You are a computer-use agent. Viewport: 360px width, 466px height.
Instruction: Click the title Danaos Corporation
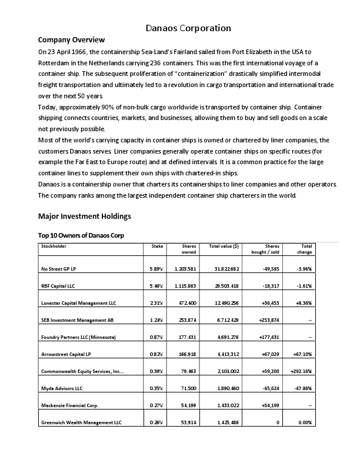click(x=188, y=28)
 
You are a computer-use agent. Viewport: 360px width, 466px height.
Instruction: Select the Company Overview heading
click(x=71, y=40)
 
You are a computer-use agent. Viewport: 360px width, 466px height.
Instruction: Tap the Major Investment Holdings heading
click(x=84, y=216)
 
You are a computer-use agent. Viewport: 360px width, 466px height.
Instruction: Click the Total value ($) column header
click(x=224, y=246)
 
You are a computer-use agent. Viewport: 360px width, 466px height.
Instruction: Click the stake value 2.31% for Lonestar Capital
click(x=156, y=302)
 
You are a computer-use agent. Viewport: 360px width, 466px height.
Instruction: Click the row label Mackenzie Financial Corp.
click(x=70, y=405)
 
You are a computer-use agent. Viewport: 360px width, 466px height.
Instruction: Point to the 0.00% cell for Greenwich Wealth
click(x=305, y=422)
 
